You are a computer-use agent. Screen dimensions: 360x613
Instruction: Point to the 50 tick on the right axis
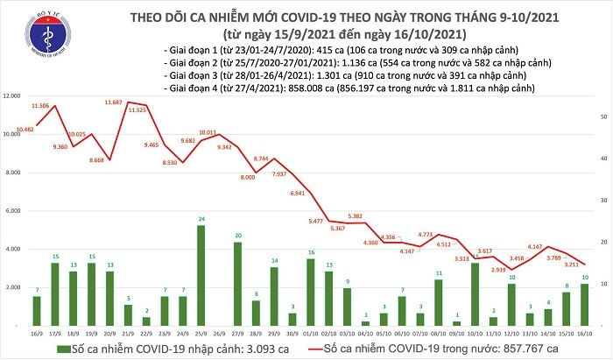click(593, 116)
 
